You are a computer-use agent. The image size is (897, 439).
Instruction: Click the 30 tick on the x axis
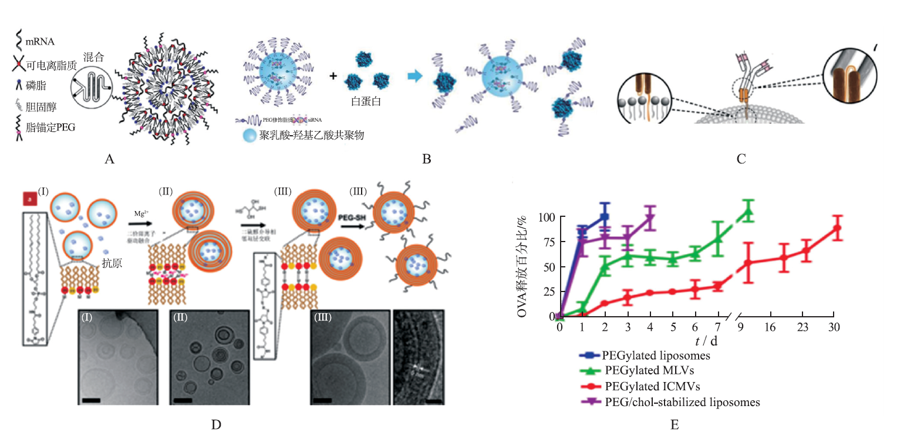click(x=833, y=327)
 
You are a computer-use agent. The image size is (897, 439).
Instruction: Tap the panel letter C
click(x=741, y=159)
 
